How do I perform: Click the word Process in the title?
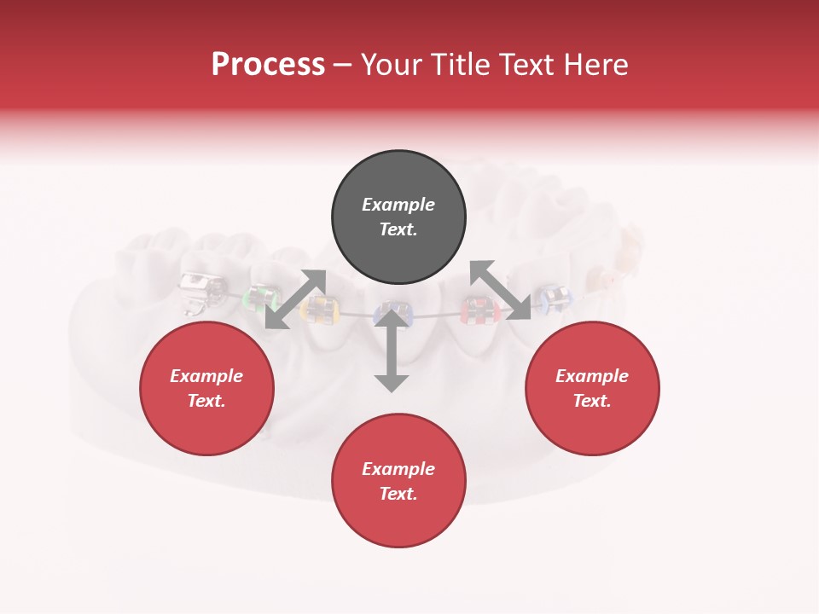(x=268, y=65)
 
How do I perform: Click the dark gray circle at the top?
(x=398, y=217)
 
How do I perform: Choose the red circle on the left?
(x=206, y=388)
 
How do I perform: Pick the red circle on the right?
(x=592, y=388)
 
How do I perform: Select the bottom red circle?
(x=398, y=481)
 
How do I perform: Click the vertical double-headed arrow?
(x=392, y=350)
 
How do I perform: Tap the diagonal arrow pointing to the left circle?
(x=295, y=299)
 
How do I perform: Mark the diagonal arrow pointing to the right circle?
(x=500, y=291)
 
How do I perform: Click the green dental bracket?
(x=261, y=298)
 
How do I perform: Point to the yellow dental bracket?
(x=320, y=310)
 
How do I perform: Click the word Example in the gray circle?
(x=398, y=205)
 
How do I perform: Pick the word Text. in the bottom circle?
(x=398, y=494)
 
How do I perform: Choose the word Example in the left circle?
(x=206, y=376)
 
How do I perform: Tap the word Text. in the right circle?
(x=592, y=401)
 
